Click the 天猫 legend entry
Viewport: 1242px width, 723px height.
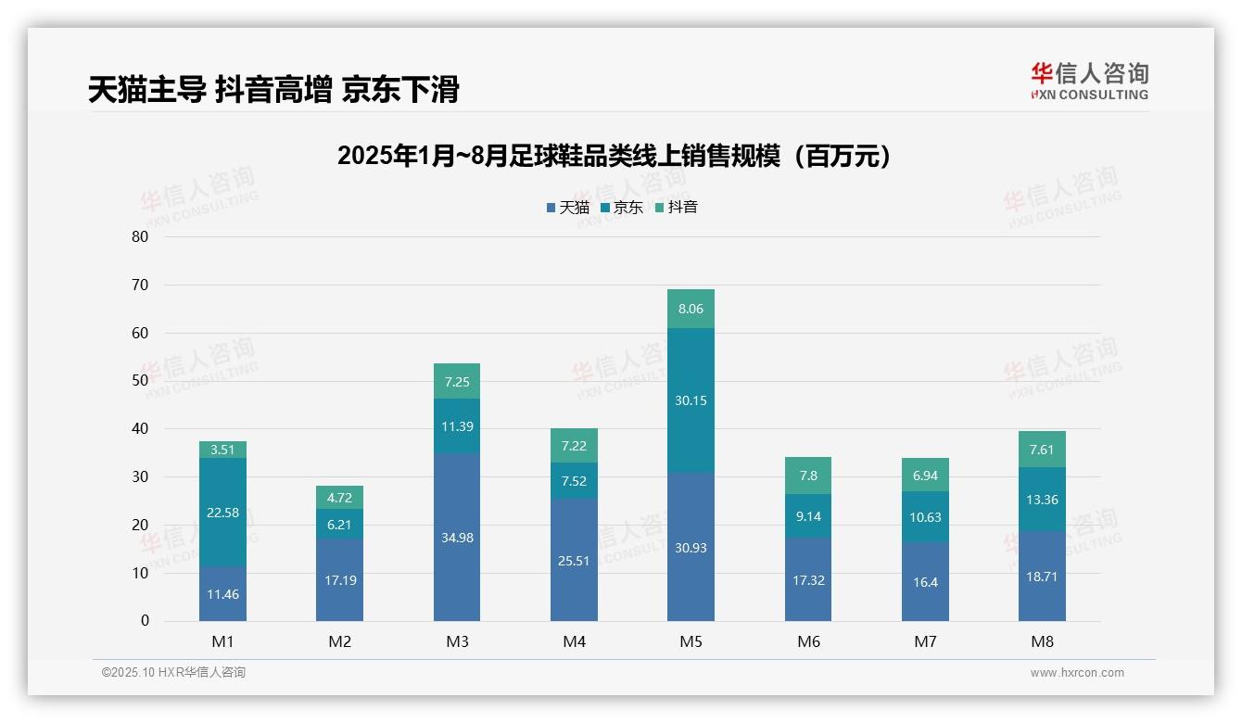point(568,208)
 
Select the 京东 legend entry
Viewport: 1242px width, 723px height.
point(622,208)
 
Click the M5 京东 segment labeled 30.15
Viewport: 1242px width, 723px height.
point(691,400)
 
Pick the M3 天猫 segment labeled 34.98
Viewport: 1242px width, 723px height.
point(457,538)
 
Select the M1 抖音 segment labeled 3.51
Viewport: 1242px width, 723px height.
point(222,450)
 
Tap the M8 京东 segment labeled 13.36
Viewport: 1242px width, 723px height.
point(1042,500)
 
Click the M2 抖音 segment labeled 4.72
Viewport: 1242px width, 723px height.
point(339,497)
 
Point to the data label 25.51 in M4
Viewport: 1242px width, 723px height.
point(574,560)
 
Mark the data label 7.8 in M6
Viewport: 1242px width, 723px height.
point(808,476)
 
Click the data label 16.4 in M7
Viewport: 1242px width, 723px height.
point(925,581)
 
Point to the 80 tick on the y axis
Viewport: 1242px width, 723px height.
point(140,236)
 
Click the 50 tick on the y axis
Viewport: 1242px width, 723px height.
point(140,381)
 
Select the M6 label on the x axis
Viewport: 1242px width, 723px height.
point(808,641)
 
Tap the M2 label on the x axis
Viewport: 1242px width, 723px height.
point(339,641)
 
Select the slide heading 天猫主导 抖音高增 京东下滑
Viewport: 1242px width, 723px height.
point(273,90)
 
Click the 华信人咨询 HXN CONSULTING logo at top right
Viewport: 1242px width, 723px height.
point(1089,82)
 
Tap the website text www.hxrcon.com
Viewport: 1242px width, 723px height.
point(1077,673)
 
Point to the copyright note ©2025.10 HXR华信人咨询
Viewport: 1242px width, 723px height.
point(173,673)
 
